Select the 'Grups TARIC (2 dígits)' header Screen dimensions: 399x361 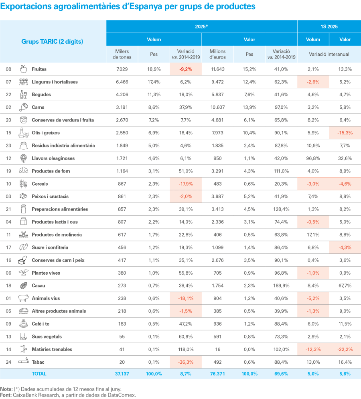click(52, 41)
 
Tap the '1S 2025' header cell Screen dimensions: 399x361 click(329, 26)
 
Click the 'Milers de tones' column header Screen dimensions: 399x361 click(122, 54)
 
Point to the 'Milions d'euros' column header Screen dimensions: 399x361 click(217, 54)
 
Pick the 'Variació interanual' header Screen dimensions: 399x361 click(329, 54)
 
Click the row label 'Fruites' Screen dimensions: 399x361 click(39, 69)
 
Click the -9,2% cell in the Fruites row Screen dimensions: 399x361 click(186, 69)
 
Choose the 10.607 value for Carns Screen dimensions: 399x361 click(217, 107)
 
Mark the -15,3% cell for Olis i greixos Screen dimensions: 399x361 click(345, 133)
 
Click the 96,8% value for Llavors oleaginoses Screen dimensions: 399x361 click(313, 158)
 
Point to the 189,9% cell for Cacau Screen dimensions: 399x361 click(281, 286)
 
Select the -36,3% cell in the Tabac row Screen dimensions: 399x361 click(186, 362)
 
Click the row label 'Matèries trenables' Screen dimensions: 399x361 click(52, 349)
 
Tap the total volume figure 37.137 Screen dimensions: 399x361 click(122, 373)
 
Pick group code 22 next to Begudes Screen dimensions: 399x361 click(8, 95)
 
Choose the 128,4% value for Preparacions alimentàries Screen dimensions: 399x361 click(281, 209)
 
